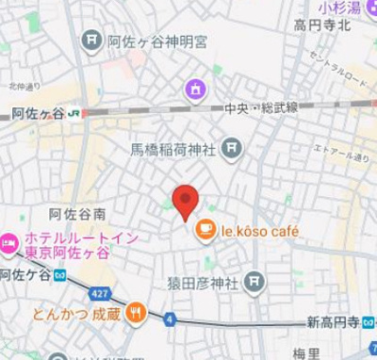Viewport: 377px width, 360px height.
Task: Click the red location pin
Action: click(x=186, y=200)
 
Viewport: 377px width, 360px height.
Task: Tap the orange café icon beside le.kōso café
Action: click(x=205, y=229)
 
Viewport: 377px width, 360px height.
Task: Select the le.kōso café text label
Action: click(x=259, y=229)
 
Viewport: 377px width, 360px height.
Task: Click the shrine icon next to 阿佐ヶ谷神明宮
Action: click(x=92, y=40)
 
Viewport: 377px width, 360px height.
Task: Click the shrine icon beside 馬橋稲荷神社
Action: click(x=231, y=149)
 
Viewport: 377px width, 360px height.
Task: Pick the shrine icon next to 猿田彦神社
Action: click(x=254, y=281)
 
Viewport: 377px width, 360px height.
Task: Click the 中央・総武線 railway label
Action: click(x=259, y=109)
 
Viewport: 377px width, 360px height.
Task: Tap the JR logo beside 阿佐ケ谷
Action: click(x=74, y=113)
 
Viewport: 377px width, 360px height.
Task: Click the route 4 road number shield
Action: click(x=170, y=319)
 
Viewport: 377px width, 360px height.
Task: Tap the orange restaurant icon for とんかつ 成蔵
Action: click(x=137, y=313)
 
